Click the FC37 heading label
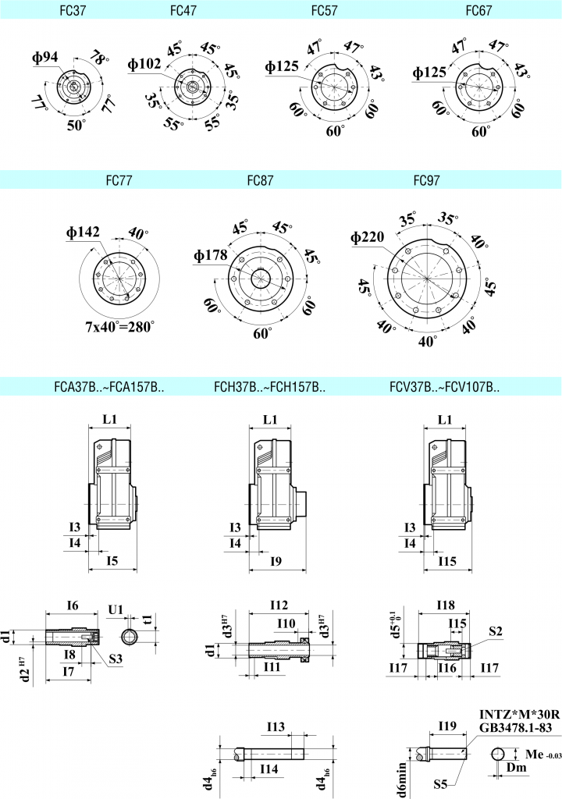(73, 11)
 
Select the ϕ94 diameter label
(46, 57)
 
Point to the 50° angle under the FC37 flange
(76, 126)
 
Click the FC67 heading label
(478, 11)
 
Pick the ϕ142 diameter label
(82, 233)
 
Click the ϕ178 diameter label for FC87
(211, 255)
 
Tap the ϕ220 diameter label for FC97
(368, 238)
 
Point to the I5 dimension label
(112, 560)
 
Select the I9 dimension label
(275, 560)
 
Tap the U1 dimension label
(116, 609)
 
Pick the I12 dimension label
(279, 605)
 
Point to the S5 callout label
(441, 782)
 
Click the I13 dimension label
(276, 727)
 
